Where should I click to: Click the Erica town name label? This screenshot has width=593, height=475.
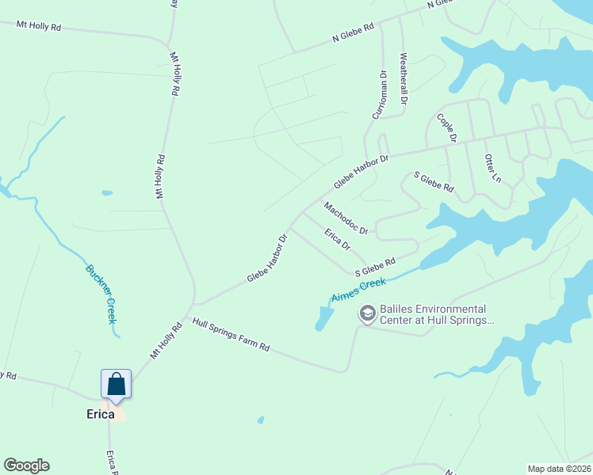point(101,414)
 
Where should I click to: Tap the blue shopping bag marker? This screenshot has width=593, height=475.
point(116,384)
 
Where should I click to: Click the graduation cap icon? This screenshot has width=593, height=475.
point(367,314)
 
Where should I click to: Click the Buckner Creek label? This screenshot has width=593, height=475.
point(101,293)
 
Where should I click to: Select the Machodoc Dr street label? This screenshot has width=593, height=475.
point(346,218)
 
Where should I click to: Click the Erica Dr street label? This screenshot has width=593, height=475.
point(338,238)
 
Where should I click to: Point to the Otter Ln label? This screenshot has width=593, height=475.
point(492,167)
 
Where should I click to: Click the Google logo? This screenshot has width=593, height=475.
point(26,465)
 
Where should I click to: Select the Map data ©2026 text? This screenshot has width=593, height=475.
point(559,469)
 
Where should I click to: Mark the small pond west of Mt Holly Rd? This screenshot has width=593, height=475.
point(106,192)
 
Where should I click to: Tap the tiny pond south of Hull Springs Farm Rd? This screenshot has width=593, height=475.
point(261,420)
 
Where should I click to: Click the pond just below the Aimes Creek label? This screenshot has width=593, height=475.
point(324,318)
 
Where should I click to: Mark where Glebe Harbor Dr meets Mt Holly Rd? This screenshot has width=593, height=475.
point(194,303)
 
